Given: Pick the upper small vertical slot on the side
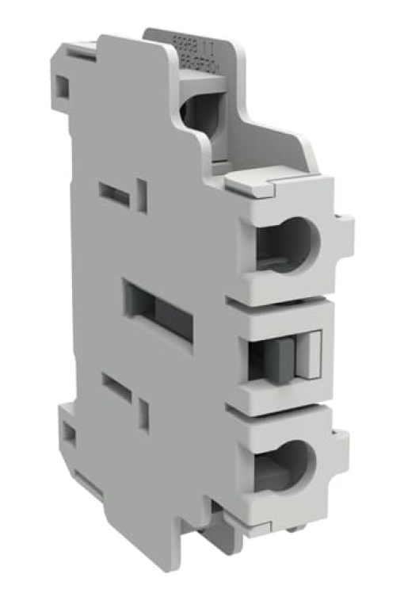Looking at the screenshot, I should coord(142,195).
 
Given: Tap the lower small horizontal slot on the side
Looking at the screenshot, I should coord(116,386).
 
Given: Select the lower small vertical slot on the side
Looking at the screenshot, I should coord(143,414).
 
